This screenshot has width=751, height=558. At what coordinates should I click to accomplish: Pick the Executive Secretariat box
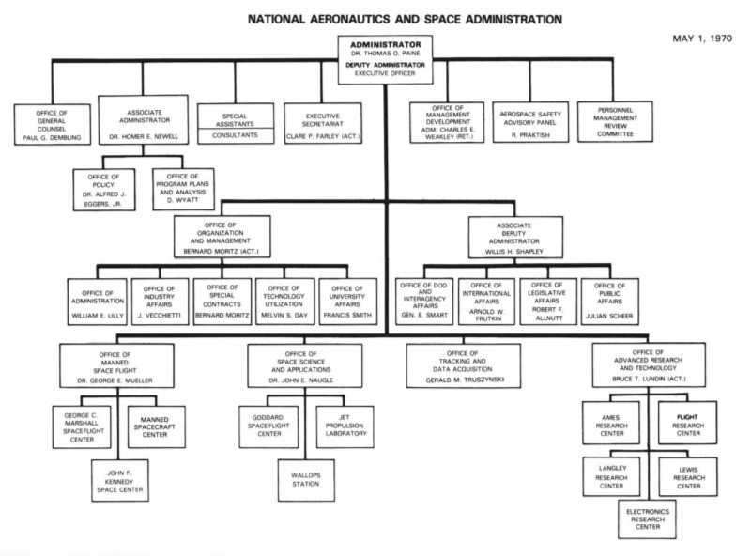[x=323, y=123]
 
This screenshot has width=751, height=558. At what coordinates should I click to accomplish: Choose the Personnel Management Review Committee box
[x=615, y=121]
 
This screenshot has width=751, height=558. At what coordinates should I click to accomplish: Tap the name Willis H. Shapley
[x=515, y=251]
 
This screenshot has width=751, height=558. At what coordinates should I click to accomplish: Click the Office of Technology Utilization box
[x=284, y=301]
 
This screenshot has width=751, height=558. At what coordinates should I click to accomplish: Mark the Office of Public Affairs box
[x=610, y=301]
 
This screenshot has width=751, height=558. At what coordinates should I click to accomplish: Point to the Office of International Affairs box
[x=484, y=301]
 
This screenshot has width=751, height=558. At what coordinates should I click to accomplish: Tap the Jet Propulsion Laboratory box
[x=344, y=426]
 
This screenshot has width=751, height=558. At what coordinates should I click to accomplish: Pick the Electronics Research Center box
[x=647, y=519]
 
